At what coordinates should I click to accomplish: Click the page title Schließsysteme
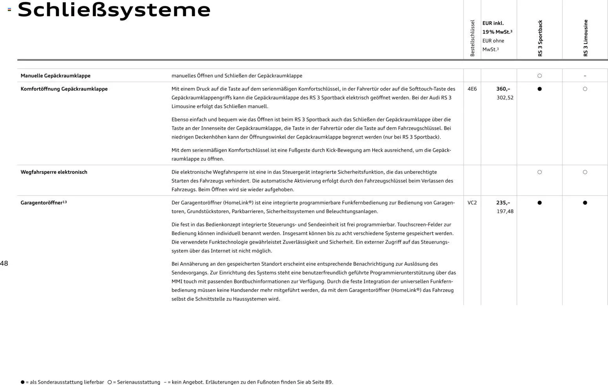(x=114, y=10)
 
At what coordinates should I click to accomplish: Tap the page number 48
(x=4, y=263)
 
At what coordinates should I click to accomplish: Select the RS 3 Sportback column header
(x=540, y=38)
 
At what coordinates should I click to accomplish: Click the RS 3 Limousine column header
(x=585, y=38)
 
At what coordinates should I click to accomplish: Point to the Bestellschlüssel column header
(x=472, y=38)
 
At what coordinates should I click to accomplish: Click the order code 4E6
(x=472, y=89)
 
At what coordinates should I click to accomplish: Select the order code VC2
(x=472, y=203)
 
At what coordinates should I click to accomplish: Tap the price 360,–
(x=503, y=89)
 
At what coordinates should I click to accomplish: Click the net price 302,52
(x=505, y=98)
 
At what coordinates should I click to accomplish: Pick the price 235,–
(x=503, y=203)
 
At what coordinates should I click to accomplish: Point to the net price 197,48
(x=505, y=212)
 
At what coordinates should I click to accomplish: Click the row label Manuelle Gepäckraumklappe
(x=55, y=76)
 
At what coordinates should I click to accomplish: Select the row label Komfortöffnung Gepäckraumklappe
(x=64, y=89)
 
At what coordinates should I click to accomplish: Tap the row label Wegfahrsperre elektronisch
(x=54, y=172)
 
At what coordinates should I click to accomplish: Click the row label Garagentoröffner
(x=42, y=203)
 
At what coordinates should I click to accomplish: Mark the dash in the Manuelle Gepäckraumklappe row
(x=585, y=76)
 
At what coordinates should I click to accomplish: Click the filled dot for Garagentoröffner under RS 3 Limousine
(x=585, y=203)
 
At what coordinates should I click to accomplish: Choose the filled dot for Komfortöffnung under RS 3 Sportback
(x=539, y=89)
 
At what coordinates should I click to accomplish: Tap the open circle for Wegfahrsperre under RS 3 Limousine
(x=585, y=172)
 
